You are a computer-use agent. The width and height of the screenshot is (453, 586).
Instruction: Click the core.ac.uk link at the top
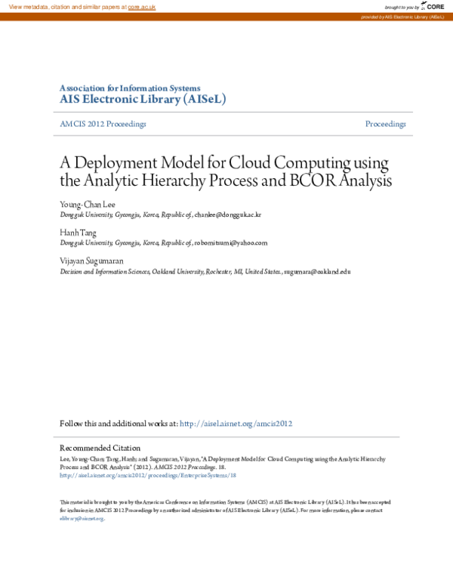[141, 6]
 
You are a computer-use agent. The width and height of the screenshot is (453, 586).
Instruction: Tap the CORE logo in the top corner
[434, 6]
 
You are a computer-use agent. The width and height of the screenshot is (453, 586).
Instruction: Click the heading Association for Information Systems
[130, 88]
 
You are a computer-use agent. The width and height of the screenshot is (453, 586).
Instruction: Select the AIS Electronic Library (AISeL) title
[143, 99]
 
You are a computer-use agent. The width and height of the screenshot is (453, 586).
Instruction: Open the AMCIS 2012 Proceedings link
[103, 124]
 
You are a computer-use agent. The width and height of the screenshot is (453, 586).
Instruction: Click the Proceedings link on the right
[385, 124]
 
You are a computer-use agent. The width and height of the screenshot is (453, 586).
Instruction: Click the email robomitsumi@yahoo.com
[230, 243]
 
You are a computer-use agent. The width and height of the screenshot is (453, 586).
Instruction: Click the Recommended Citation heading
[100, 449]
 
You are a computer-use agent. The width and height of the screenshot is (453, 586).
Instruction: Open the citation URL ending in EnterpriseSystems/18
[148, 476]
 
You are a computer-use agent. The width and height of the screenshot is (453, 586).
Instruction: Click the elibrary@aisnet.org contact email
[82, 519]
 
